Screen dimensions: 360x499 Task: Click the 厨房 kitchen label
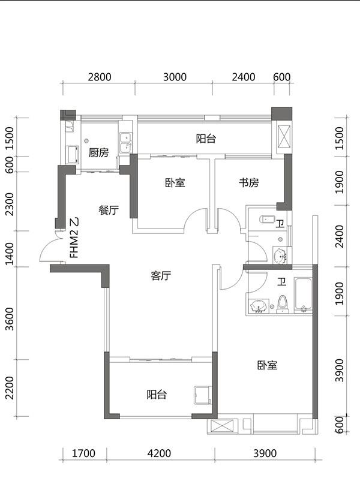[x=98, y=153]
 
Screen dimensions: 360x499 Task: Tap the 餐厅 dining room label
[x=109, y=211]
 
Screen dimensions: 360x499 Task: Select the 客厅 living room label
[x=161, y=276]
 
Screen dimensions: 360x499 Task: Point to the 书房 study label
[x=249, y=183]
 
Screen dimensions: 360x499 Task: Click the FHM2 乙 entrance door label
[x=75, y=238]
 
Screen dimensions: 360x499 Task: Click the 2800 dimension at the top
[x=100, y=77]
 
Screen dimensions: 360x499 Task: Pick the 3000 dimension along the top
[x=175, y=77]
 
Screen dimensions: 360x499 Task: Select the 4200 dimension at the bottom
[x=159, y=453]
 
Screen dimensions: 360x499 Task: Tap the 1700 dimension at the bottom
[x=83, y=453]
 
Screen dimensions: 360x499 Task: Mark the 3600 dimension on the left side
[x=10, y=318]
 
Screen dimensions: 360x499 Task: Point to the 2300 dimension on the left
[x=10, y=204]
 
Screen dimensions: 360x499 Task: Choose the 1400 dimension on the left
[x=10, y=253]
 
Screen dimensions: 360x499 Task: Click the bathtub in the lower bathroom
[x=303, y=294]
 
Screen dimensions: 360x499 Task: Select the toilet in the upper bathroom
[x=268, y=220]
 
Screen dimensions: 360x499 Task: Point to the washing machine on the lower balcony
[x=202, y=395]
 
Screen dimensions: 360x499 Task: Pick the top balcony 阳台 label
[x=206, y=139]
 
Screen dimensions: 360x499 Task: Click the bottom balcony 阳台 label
[x=157, y=395]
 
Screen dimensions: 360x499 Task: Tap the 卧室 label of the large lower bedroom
[x=268, y=365]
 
